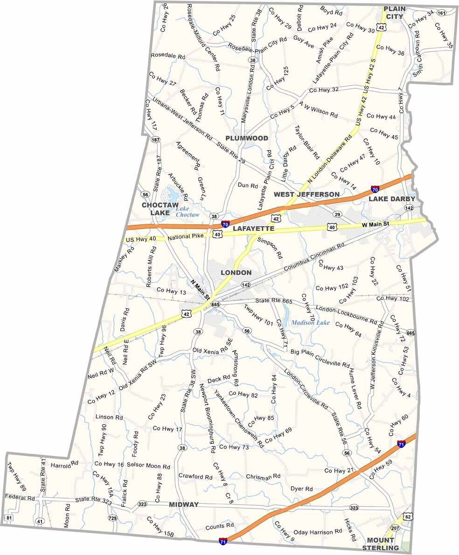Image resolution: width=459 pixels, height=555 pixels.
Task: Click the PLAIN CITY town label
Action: (393, 13)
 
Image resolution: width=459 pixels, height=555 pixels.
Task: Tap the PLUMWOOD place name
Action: (247, 138)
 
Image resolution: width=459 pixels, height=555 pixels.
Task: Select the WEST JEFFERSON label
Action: (306, 194)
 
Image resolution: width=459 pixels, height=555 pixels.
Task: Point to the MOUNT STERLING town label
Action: (386, 544)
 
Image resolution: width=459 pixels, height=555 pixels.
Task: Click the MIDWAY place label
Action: (184, 505)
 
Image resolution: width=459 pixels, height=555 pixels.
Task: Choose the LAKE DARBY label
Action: (392, 199)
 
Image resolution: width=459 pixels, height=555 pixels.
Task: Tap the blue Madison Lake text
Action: (311, 322)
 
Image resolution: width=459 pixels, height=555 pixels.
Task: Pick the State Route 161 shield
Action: (441, 13)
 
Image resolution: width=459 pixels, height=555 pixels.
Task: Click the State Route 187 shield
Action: (155, 140)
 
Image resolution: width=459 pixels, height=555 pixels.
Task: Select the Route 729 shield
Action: (112, 518)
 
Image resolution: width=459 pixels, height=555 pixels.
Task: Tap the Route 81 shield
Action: (9, 518)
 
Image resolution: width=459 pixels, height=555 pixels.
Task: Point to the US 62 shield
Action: (408, 517)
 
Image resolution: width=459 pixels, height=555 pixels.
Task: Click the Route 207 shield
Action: (395, 528)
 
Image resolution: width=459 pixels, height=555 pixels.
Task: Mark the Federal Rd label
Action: (20, 498)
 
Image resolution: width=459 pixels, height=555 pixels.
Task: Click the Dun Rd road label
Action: (248, 185)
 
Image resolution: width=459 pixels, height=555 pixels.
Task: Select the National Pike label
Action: (186, 236)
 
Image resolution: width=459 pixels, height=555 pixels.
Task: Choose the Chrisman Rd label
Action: (263, 476)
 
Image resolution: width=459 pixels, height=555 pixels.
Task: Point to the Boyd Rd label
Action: (331, 10)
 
